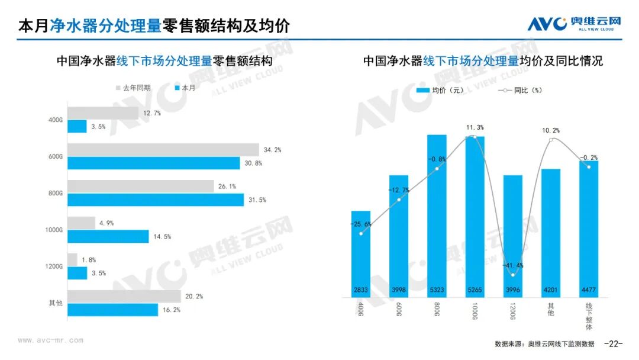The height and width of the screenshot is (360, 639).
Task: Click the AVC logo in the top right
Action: (574, 24)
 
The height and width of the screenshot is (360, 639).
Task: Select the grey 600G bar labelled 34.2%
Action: (163, 150)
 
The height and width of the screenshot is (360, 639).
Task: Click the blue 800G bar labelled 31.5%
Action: (155, 200)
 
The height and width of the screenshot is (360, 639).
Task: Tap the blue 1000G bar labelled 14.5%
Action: (108, 237)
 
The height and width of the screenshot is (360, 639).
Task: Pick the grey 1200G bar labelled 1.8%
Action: (72, 259)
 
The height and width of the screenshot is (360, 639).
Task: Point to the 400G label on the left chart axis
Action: (55, 120)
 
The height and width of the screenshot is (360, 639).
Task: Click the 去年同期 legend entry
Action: (133, 88)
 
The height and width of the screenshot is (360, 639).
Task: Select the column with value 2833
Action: (360, 255)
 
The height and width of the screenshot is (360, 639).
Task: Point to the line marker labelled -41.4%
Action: (513, 275)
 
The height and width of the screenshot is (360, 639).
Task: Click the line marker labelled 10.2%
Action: (551, 140)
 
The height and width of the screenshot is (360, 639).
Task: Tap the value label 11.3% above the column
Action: (475, 127)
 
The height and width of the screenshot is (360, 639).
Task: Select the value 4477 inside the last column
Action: (589, 290)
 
